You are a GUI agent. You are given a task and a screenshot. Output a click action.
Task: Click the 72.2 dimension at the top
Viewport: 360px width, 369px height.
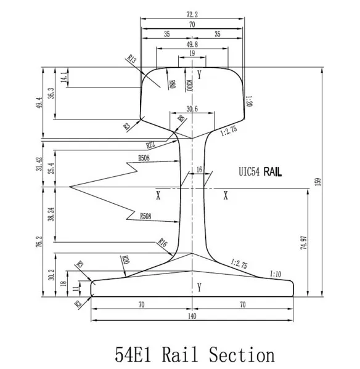(x=193, y=12)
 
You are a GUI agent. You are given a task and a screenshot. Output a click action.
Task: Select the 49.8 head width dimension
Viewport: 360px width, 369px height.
(x=192, y=44)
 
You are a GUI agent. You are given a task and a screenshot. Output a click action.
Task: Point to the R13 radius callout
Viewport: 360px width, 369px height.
(x=131, y=59)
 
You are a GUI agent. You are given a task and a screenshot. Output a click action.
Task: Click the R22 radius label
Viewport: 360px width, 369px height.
(x=150, y=145)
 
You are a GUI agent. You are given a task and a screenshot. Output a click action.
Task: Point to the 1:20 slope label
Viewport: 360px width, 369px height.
(x=250, y=100)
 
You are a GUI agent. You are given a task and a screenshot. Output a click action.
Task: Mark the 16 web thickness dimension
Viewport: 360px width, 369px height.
(x=198, y=169)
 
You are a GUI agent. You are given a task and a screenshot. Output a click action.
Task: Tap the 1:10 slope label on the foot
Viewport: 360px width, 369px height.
(x=277, y=273)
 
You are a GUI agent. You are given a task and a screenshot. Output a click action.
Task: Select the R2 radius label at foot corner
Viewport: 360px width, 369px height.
(x=79, y=302)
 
